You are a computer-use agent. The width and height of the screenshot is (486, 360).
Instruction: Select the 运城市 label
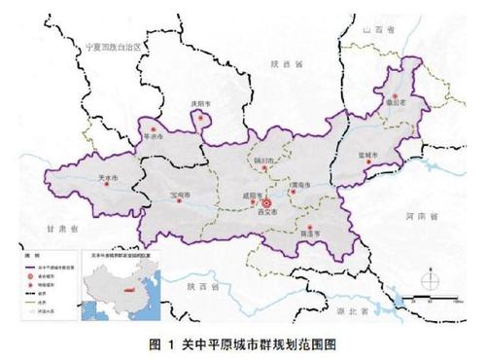369,156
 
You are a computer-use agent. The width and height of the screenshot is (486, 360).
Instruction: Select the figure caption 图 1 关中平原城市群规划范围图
243,343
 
